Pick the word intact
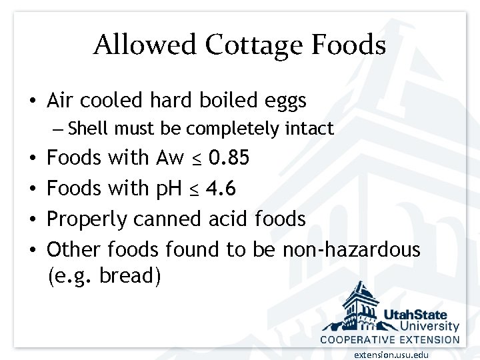click(309, 128)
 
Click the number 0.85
click(229, 158)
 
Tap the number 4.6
click(221, 189)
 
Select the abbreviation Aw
click(169, 158)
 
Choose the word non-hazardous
click(351, 249)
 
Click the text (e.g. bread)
click(104, 275)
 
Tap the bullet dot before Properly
click(33, 219)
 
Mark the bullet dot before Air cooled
click(33, 101)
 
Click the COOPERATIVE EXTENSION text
click(390, 339)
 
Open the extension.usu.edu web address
click(391, 355)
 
